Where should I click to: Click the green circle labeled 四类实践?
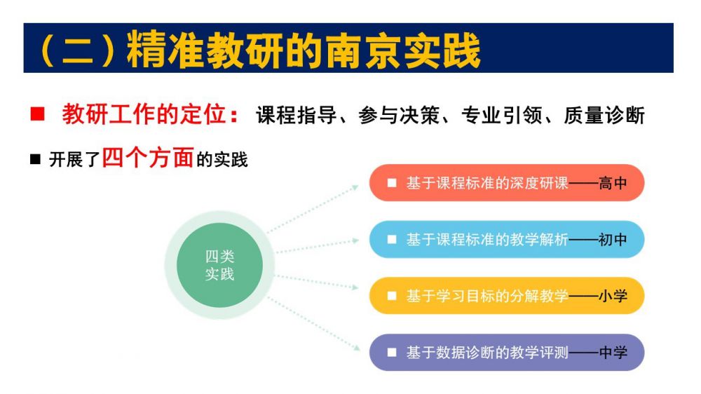point(219,265)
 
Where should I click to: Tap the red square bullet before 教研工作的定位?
point(38,114)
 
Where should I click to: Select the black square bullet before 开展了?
point(35,158)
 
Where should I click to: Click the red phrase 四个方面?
point(148,158)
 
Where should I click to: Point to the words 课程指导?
point(297,116)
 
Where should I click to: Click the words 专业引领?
point(502,116)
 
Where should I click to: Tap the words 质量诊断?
point(604,116)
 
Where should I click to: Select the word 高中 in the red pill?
point(613,183)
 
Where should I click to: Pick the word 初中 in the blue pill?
point(613,240)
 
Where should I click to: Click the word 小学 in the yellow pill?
point(613,296)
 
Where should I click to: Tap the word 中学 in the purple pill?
point(613,353)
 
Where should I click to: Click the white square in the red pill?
point(392,183)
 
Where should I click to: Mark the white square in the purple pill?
point(392,353)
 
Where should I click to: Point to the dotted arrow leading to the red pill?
point(313,208)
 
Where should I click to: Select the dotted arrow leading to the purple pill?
point(314,323)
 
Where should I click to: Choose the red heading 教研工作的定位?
point(150,114)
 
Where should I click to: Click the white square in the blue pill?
point(392,240)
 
